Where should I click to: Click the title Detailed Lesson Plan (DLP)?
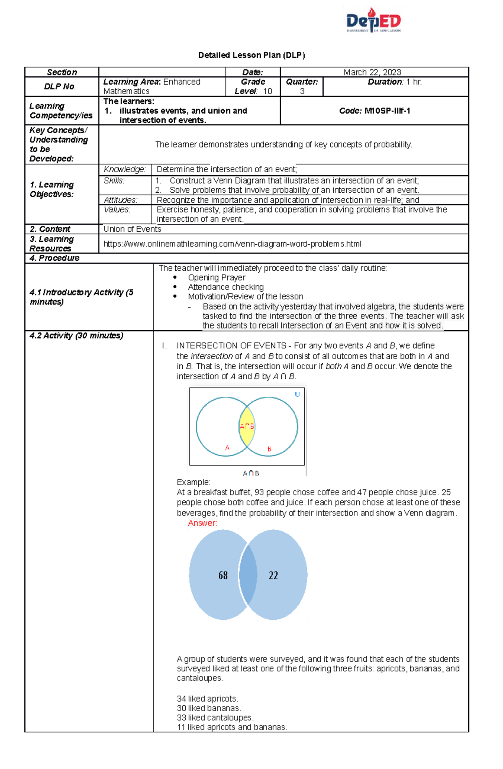pos(251,55)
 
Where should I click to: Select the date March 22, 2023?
pos(372,72)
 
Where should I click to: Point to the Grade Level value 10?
pos(267,91)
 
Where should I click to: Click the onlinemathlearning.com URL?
pos(232,244)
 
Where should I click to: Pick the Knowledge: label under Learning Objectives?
pos(124,169)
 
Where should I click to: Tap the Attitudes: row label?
pos(120,200)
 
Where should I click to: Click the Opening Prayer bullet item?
pos(216,277)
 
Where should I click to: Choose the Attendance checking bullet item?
pos(226,287)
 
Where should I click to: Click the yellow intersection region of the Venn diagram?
pos(247,432)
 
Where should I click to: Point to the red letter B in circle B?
pos(269,449)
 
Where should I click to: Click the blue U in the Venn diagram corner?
pos(297,394)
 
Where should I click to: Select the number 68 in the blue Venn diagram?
pos(223,575)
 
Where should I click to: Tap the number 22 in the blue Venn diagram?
pos(273,575)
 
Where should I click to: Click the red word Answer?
pos(202,523)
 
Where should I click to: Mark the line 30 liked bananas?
pos(209,708)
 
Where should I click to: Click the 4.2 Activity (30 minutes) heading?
pos(76,336)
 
